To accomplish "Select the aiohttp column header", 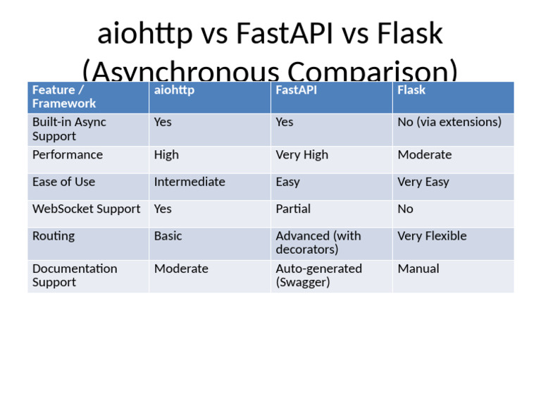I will (174, 90).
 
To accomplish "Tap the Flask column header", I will (411, 90).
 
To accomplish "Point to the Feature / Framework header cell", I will (64, 97).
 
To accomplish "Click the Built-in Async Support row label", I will (69, 129).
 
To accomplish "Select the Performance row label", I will (68, 155).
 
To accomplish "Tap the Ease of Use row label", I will (63, 182).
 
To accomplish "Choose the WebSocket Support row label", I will (86, 209).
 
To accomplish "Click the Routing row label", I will (54, 236).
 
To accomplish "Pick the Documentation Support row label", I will (75, 276).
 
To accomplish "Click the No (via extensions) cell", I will (449, 123).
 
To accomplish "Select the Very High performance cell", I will (301, 155).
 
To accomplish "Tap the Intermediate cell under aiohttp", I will (189, 182).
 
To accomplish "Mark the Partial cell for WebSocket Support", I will (293, 209).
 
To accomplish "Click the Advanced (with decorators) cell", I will (318, 242).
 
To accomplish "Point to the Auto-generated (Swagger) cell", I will (318, 276).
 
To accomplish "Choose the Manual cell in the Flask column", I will (418, 269).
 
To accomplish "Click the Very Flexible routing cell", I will (432, 236).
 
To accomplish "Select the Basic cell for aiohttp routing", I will (168, 236).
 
